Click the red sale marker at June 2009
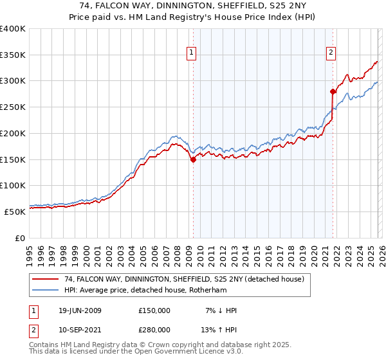coord(193,160)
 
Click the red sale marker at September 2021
coord(333,91)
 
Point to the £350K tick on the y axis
coord(13,55)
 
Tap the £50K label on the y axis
coord(14,212)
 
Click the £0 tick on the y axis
coord(19,238)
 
